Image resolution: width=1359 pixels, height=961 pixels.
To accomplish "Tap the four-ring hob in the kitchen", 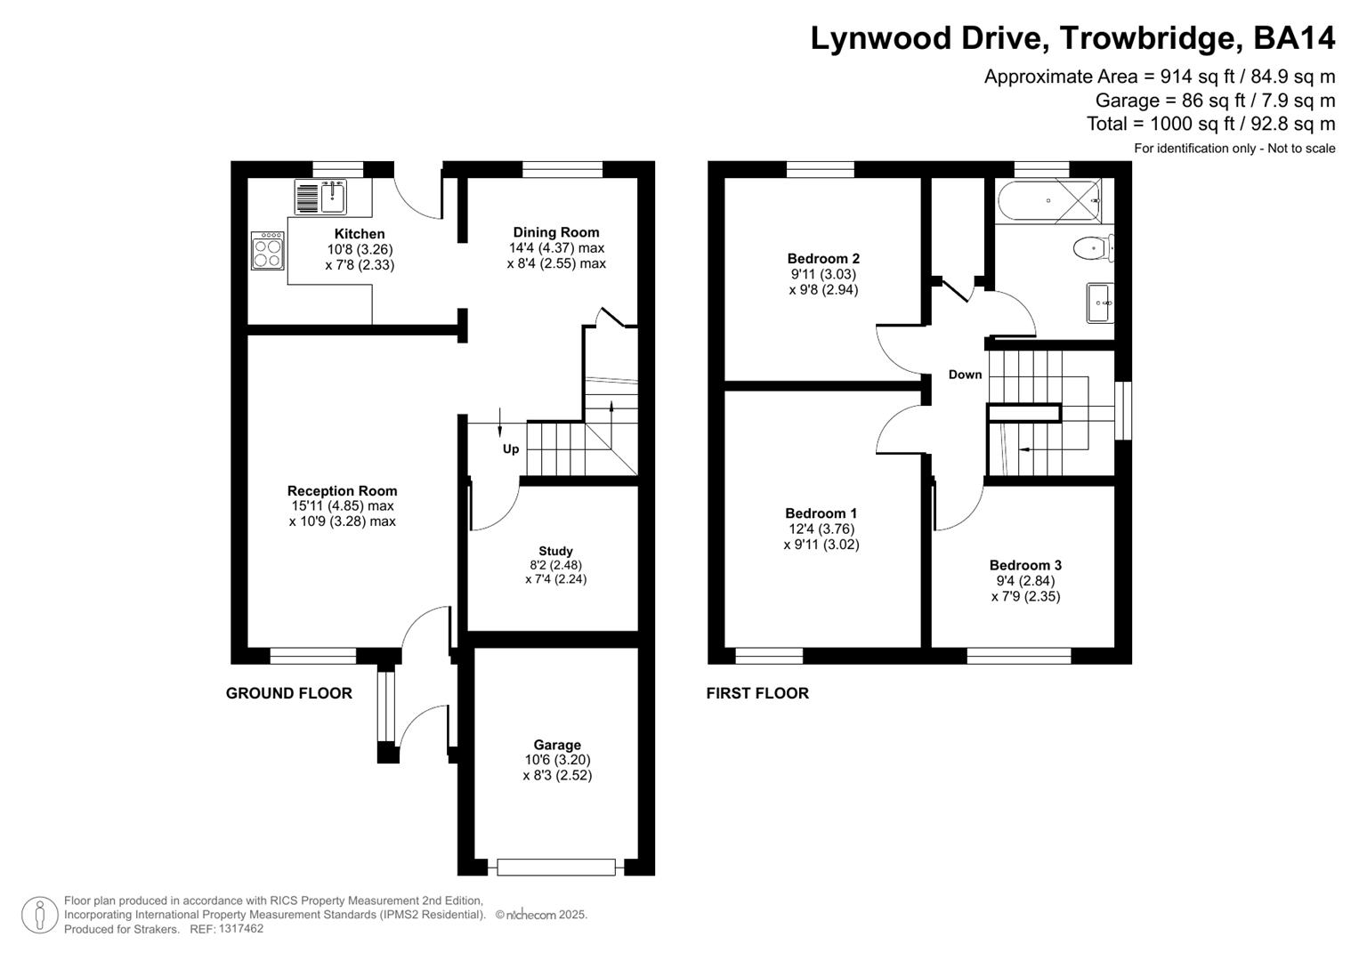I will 268,250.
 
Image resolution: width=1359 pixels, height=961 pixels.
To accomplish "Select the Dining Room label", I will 556,232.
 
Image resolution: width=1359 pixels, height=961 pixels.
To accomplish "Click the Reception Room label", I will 342,490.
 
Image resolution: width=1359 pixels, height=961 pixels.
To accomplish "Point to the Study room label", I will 555,551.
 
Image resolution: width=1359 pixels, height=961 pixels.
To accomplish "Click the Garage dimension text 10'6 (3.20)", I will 557,760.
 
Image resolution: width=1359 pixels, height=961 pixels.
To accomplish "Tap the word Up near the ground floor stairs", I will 511,448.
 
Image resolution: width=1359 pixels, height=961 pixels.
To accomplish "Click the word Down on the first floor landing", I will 965,375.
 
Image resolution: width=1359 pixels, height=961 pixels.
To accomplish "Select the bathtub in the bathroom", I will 1048,200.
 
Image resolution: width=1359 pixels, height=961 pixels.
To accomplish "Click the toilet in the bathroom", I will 1092,247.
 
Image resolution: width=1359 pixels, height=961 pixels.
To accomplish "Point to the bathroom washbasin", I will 1099,303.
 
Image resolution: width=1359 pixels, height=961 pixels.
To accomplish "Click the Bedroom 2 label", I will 823,259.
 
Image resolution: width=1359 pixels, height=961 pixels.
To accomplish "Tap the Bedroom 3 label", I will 1025,565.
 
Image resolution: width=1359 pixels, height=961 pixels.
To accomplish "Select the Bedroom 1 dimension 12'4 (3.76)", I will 821,529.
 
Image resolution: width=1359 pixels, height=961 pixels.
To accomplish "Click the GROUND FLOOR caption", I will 289,693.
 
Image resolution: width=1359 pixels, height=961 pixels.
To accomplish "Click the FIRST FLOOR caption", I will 757,693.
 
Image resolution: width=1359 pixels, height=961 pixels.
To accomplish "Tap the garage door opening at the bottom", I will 556,867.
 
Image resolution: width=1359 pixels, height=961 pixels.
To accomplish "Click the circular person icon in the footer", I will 39,915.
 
